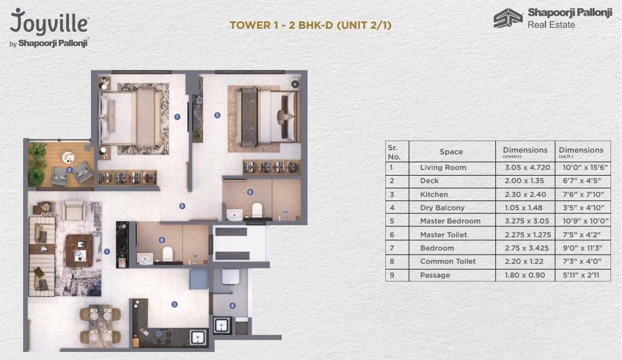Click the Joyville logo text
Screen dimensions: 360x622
[x=50, y=24]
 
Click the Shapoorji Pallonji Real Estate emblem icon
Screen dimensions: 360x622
[x=508, y=18]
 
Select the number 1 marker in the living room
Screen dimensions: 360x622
[x=107, y=252]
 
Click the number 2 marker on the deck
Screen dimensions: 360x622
[x=69, y=170]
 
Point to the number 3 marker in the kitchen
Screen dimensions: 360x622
[x=174, y=305]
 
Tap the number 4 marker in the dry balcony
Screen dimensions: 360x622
[x=232, y=306]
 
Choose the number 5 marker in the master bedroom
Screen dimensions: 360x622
[x=217, y=115]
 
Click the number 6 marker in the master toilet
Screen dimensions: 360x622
[x=250, y=192]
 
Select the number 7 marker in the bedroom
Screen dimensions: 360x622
[x=177, y=117]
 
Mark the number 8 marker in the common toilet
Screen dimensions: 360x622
[x=162, y=240]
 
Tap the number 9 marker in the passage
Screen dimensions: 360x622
[x=182, y=206]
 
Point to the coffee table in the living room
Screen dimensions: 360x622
[x=79, y=250]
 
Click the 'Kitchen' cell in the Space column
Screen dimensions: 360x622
[x=434, y=194]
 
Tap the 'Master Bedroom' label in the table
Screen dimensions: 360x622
[x=450, y=221]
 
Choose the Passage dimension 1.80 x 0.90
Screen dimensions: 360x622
[x=525, y=275]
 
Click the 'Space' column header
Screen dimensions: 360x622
[x=451, y=151]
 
